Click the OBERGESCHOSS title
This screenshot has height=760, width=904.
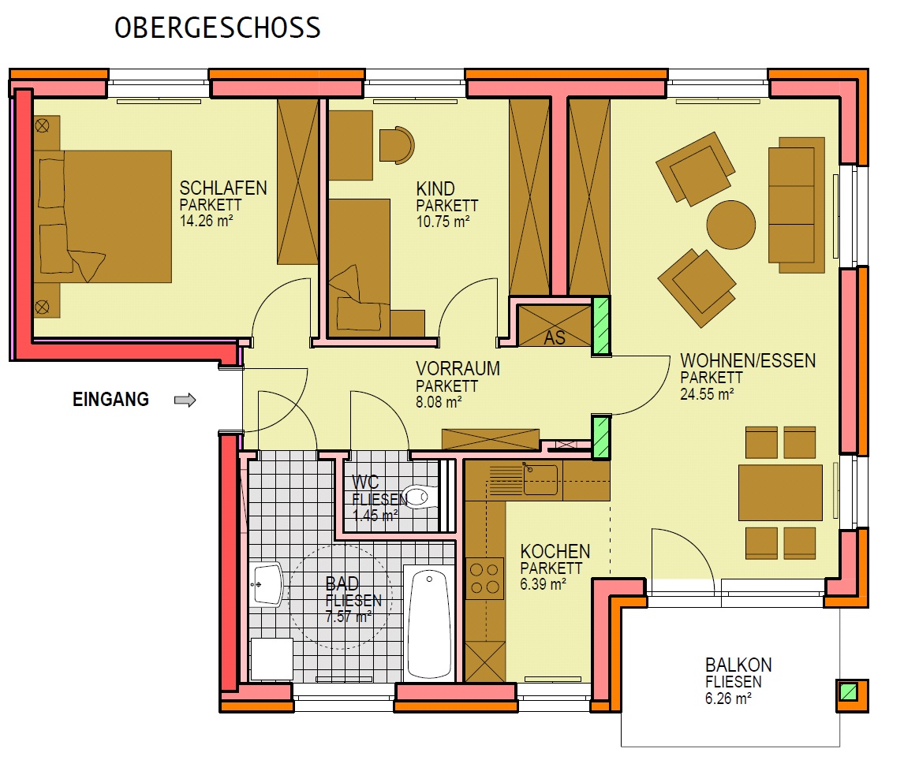point(218,28)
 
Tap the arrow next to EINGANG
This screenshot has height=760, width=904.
point(185,400)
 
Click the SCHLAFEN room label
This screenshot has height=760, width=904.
point(223,188)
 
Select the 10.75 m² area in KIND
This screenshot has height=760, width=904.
point(443,222)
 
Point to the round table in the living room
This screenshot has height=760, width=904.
point(731,225)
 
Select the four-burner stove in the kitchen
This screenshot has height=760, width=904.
point(484,579)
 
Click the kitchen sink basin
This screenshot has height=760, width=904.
point(540,479)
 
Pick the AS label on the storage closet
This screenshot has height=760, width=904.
point(555,337)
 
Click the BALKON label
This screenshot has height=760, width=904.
point(738,665)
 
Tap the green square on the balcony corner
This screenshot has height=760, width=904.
point(848,691)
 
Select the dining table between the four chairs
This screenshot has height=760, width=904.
point(781,493)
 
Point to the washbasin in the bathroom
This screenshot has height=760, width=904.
point(266,584)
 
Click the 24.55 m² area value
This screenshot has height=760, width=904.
point(707,395)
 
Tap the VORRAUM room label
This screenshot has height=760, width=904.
point(458,369)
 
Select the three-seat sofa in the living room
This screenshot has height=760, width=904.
point(796,205)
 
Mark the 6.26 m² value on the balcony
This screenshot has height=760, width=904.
point(728,699)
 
